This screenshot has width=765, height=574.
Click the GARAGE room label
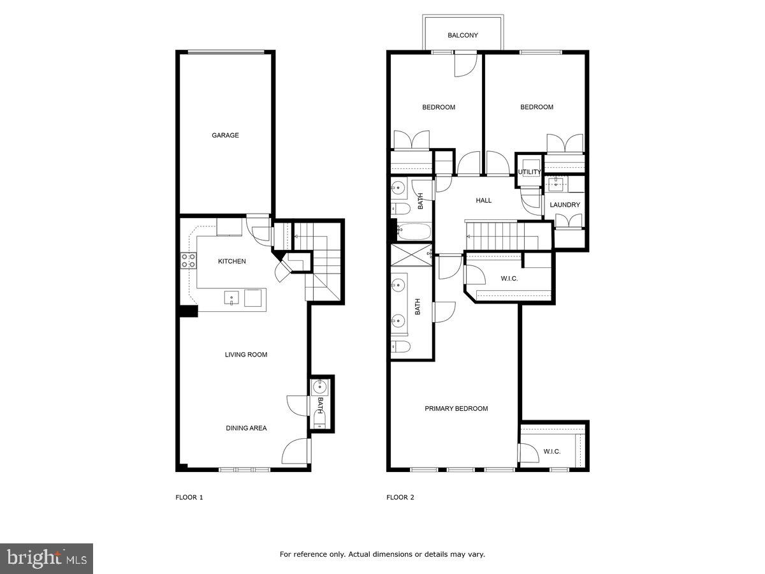click(x=225, y=135)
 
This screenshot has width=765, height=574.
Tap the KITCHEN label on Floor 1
click(x=231, y=261)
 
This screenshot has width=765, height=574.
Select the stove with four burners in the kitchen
click(x=189, y=260)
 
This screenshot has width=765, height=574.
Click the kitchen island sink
click(x=231, y=298)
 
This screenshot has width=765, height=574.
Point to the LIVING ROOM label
click(x=245, y=355)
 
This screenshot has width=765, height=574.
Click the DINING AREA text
click(x=245, y=428)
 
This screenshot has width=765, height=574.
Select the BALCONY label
click(x=462, y=36)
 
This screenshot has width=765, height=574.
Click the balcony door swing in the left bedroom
click(x=465, y=64)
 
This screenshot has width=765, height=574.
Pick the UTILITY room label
click(x=529, y=172)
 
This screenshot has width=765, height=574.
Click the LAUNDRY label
click(x=565, y=205)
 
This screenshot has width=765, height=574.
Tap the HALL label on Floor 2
click(x=484, y=200)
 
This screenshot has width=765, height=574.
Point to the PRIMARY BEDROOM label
click(x=456, y=409)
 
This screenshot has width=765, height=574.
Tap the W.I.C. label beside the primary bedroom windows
click(x=551, y=452)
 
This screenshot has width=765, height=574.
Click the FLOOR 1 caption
click(x=189, y=497)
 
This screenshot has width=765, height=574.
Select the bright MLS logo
click(x=47, y=559)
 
